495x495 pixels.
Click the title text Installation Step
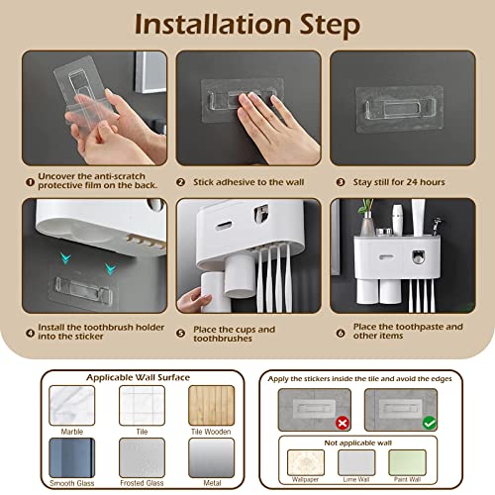click(x=247, y=23)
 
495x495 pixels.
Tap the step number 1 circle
click(x=31, y=181)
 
